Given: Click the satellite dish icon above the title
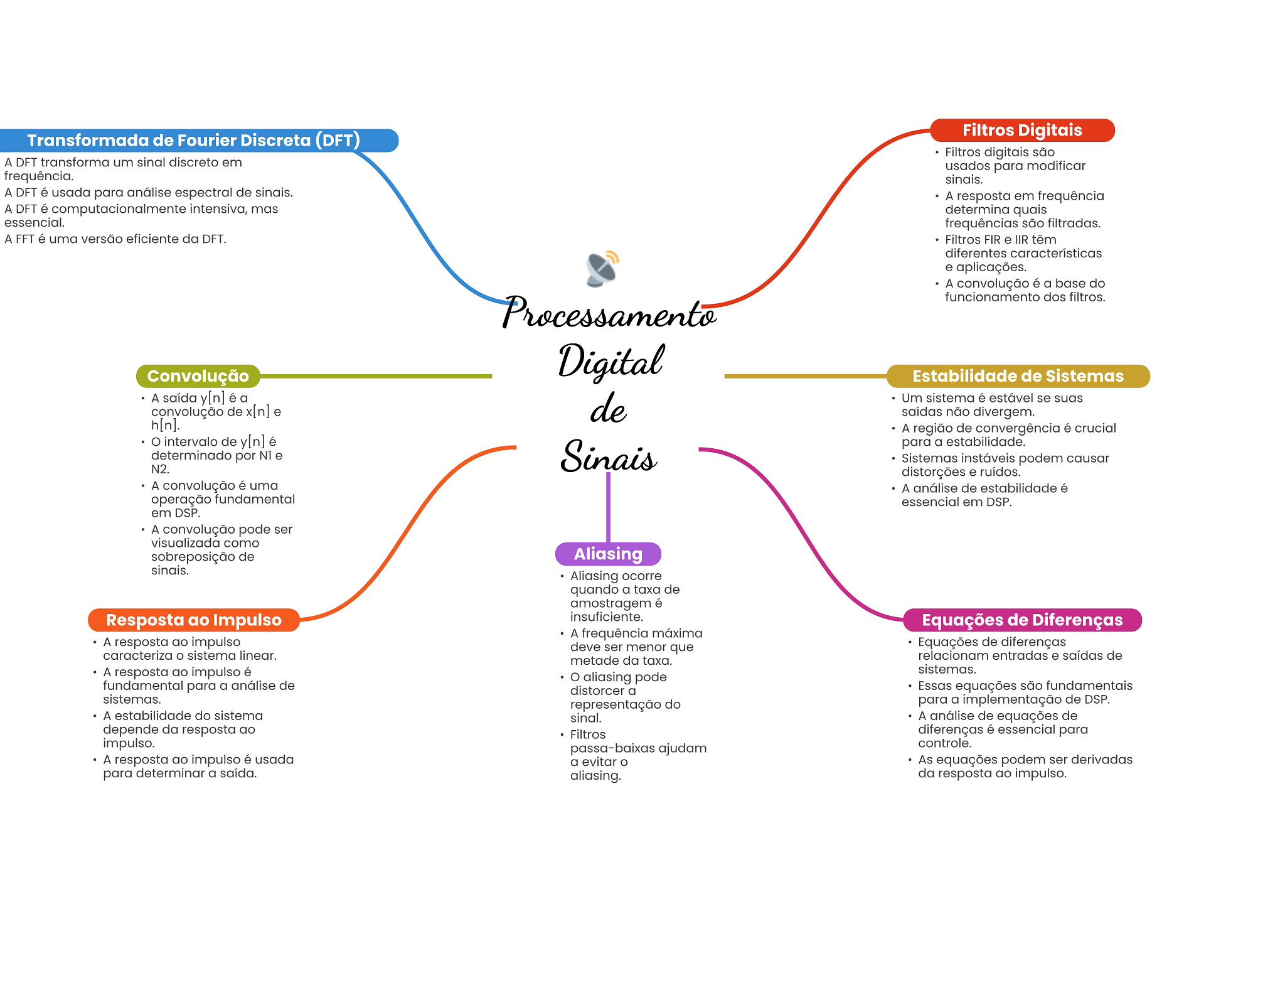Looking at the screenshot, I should (602, 268).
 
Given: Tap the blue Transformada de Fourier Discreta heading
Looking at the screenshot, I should (193, 140).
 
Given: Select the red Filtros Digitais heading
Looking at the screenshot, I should (1021, 130).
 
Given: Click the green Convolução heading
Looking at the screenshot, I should (198, 376).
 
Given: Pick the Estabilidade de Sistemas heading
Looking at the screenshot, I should (1017, 376).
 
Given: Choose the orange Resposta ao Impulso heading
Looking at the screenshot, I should (193, 620).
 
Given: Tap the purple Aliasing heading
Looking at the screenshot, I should (607, 554).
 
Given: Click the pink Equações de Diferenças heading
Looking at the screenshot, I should (1021, 620).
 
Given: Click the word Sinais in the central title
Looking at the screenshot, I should (609, 456).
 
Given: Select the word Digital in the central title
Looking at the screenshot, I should (610, 362).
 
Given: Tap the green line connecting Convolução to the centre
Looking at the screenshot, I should (376, 376).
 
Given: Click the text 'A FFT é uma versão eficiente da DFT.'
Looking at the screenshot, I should (115, 239).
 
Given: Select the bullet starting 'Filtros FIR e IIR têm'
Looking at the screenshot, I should (1023, 253).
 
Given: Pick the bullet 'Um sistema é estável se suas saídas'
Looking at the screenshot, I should (991, 405).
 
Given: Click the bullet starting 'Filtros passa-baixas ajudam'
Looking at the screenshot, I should (637, 755).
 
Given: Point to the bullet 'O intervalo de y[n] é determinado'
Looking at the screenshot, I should (217, 455).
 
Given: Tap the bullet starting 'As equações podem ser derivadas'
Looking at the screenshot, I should (1025, 766).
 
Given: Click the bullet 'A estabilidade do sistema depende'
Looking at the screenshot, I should (183, 729).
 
